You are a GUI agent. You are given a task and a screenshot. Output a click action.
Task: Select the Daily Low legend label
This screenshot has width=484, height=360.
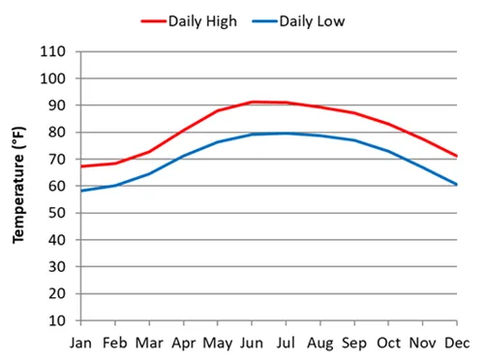(x=312, y=20)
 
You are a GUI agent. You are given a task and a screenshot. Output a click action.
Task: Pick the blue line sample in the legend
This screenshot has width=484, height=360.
(x=263, y=20)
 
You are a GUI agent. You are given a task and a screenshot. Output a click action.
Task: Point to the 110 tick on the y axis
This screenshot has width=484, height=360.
(x=53, y=51)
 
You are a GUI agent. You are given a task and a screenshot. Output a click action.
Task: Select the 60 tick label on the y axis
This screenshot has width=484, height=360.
(x=57, y=186)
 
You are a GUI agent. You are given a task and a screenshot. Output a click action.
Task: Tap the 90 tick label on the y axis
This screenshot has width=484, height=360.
(x=57, y=105)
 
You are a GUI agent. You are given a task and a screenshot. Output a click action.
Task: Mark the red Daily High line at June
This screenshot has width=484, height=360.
(x=252, y=102)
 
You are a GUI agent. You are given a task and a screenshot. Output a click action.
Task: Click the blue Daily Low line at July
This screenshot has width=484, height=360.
(x=286, y=134)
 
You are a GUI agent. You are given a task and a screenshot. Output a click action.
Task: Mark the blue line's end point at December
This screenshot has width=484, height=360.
(x=457, y=184)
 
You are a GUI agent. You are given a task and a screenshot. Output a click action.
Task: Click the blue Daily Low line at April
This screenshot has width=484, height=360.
(x=183, y=156)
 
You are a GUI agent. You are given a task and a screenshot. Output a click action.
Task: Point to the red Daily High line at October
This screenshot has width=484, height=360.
(x=388, y=124)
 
